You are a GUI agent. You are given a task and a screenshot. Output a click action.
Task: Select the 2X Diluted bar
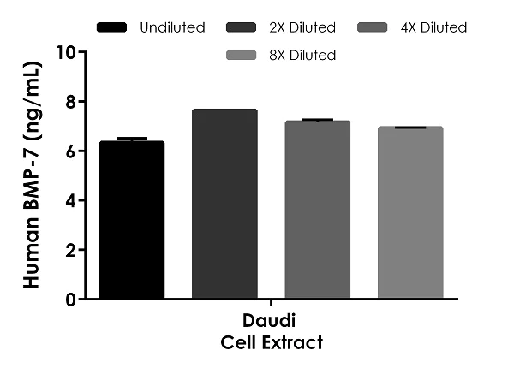point(224,205)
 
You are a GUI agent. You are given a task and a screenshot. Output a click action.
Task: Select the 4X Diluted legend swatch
point(369,27)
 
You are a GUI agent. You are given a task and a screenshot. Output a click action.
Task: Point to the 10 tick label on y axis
point(65,52)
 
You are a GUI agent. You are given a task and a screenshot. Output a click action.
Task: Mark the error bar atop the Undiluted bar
point(131,139)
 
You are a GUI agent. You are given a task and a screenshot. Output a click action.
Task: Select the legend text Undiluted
point(171,27)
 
